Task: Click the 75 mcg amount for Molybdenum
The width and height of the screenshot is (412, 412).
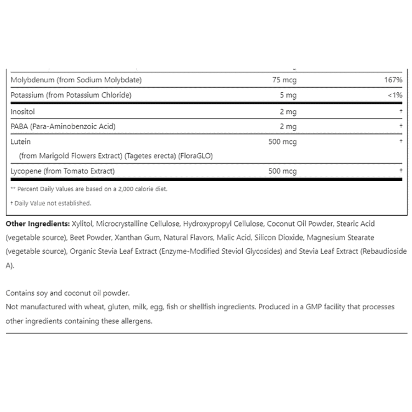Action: (x=284, y=80)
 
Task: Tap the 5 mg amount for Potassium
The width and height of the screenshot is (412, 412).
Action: (x=288, y=96)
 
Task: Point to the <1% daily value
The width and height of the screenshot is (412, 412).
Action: (x=394, y=96)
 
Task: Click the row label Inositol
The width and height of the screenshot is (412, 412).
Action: (x=23, y=112)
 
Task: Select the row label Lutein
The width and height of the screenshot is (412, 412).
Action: (x=21, y=142)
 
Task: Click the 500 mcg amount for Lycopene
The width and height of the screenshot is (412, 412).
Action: (x=282, y=171)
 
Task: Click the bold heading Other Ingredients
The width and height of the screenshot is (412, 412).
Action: (x=37, y=224)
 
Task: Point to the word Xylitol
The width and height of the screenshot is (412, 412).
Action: (x=82, y=224)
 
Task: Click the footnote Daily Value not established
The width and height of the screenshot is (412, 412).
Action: (x=52, y=203)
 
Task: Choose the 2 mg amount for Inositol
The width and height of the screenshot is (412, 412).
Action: (x=288, y=112)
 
